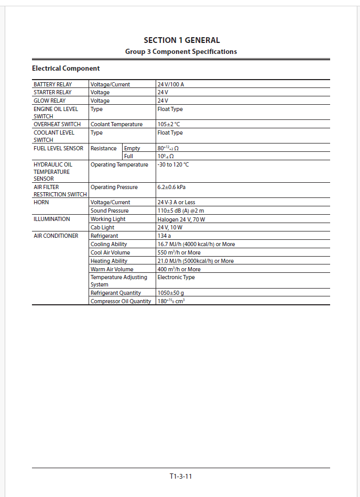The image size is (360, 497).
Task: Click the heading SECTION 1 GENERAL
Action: click(181, 40)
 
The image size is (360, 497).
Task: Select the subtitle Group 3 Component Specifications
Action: click(181, 51)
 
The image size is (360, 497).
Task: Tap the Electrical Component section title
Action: click(66, 68)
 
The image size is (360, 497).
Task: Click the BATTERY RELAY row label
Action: click(53, 84)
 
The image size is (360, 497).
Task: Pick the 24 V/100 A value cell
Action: click(171, 84)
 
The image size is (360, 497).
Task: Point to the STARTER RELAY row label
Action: click(52, 92)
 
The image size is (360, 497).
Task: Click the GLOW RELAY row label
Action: click(50, 101)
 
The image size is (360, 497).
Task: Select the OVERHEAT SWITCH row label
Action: click(57, 124)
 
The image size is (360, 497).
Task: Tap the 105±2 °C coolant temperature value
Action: click(169, 124)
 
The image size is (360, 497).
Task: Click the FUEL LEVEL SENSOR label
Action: click(58, 148)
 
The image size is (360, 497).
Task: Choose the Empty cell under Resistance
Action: click(132, 148)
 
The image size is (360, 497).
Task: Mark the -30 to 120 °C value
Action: click(173, 164)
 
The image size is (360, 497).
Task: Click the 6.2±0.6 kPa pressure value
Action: click(171, 187)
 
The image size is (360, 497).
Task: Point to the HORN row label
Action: click(41, 202)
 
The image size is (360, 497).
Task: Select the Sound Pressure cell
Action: click(110, 211)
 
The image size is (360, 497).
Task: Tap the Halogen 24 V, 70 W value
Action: click(181, 219)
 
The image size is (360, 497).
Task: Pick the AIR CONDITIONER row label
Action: click(56, 236)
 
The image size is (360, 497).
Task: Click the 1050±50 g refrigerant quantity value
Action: click(171, 293)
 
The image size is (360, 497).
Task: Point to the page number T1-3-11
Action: click(181, 476)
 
